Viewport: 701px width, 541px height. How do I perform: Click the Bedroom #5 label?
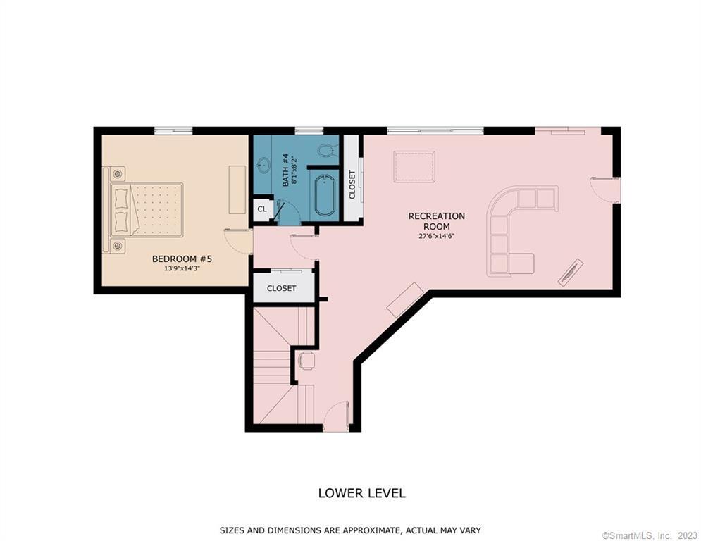(182, 259)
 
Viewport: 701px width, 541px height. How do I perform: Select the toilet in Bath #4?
(327, 150)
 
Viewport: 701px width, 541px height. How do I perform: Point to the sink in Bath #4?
(263, 165)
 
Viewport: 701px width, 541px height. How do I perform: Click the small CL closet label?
(262, 209)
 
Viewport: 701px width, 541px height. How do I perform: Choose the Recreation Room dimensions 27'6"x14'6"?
(436, 236)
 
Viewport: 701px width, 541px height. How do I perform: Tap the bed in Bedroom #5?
(143, 210)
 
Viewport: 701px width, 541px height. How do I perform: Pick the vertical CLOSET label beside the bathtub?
(352, 185)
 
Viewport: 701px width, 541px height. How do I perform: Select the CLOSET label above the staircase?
(281, 288)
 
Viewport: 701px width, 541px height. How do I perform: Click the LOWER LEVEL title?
(361, 493)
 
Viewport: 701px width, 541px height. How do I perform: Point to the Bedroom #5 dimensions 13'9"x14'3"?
(182, 268)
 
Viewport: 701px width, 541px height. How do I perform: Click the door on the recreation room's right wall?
(606, 189)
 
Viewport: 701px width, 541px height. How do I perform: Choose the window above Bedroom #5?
(173, 130)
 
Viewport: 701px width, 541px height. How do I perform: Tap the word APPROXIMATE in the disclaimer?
(370, 530)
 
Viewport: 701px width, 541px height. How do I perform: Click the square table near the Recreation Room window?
(414, 167)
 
